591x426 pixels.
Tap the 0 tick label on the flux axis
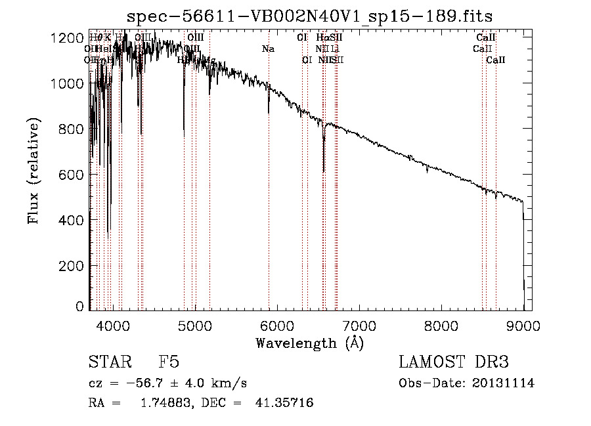(79, 307)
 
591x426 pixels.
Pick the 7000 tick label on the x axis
(359, 324)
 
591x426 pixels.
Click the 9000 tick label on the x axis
(523, 324)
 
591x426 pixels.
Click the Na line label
(268, 49)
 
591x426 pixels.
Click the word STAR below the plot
(109, 363)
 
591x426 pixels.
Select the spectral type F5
(169, 363)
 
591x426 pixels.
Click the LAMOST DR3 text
(453, 363)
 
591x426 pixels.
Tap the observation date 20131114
(503, 383)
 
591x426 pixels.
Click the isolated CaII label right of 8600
(496, 60)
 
